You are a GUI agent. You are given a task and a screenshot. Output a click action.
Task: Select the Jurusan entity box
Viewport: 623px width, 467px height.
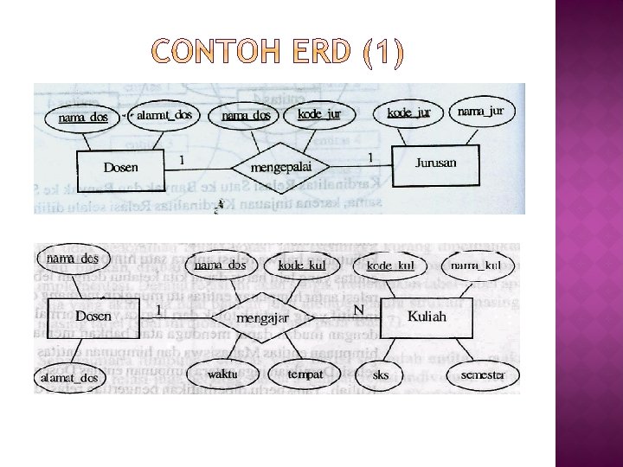click(434, 164)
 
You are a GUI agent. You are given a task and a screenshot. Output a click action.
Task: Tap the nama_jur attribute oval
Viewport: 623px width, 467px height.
click(481, 112)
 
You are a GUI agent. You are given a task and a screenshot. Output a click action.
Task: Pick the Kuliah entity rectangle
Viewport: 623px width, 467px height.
click(427, 317)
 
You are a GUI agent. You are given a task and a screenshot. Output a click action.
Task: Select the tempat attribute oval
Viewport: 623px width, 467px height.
click(305, 374)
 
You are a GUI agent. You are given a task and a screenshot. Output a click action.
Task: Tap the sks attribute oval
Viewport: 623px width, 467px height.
click(382, 375)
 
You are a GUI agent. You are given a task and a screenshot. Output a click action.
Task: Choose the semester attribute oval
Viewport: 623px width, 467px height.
click(485, 375)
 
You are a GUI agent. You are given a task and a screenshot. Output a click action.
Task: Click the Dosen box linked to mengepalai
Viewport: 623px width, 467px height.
click(120, 166)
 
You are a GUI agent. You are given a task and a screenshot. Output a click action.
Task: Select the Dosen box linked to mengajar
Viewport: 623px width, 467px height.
click(93, 317)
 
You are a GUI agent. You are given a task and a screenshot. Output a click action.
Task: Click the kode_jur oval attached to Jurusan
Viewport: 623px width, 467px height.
click(408, 113)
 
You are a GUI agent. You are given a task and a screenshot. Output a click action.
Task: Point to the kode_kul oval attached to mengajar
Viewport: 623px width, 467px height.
click(304, 265)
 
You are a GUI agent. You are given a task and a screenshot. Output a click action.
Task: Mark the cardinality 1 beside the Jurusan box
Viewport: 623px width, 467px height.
click(370, 157)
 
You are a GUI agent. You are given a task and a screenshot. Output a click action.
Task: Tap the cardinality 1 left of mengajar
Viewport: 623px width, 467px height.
click(159, 309)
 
